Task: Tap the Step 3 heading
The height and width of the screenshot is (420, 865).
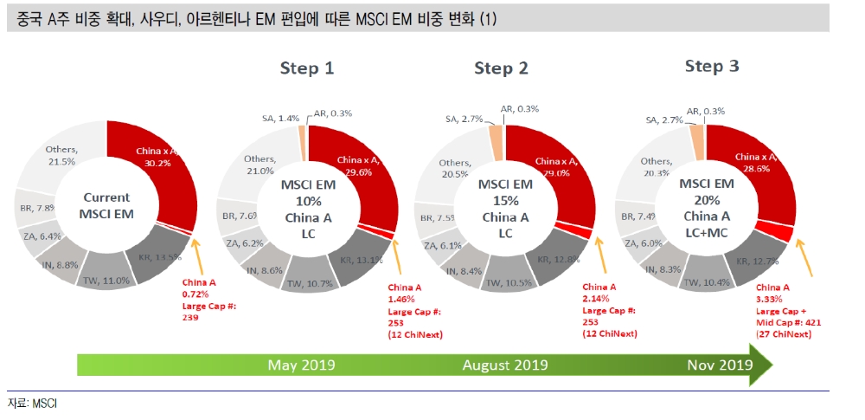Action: tap(711, 67)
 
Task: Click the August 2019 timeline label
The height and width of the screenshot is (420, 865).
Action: tap(505, 364)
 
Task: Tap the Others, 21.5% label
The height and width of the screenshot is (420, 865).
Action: tap(60, 156)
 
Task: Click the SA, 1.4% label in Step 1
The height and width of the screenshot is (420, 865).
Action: tap(280, 117)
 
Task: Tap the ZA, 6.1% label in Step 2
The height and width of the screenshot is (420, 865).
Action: tap(442, 246)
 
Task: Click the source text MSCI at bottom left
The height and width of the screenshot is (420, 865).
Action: tap(32, 404)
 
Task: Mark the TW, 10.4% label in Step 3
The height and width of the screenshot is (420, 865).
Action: tap(706, 282)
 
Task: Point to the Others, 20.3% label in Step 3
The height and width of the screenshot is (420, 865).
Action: tap(657, 166)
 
